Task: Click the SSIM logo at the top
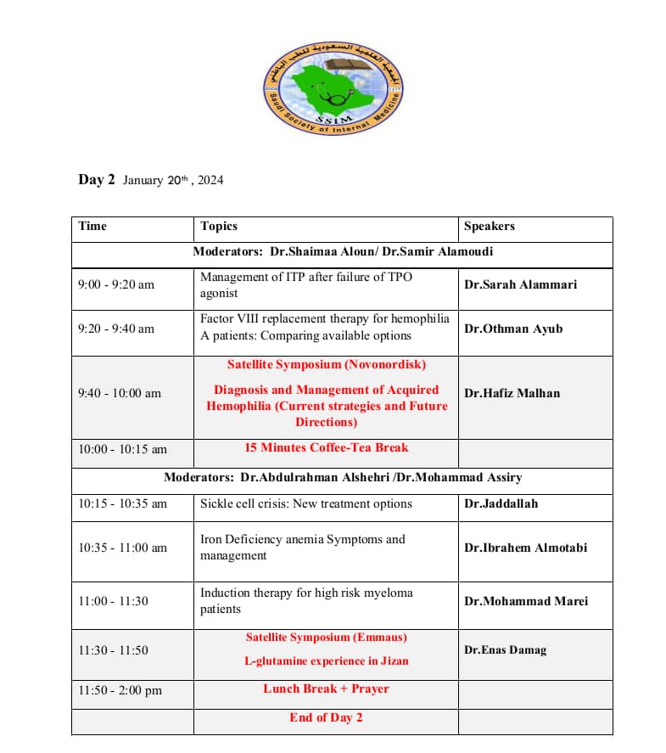click(x=334, y=87)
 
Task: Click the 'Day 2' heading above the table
click(x=96, y=180)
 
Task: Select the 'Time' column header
click(x=92, y=226)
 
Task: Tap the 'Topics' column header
click(x=219, y=226)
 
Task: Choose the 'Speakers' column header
click(x=489, y=226)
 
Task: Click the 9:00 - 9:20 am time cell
click(x=116, y=284)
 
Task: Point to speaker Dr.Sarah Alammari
click(x=520, y=284)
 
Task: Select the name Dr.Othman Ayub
click(x=512, y=329)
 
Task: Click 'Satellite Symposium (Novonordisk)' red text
click(x=327, y=364)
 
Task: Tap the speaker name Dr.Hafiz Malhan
click(x=512, y=393)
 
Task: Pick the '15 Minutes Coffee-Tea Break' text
click(x=327, y=447)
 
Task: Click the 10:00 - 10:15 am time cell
click(x=122, y=449)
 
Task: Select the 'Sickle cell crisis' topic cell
click(x=305, y=503)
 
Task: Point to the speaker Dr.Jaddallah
click(x=501, y=503)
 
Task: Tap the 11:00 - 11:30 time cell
click(x=113, y=601)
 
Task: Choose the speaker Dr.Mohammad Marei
click(x=525, y=601)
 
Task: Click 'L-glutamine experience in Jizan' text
click(x=327, y=661)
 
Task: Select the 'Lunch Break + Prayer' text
click(x=327, y=688)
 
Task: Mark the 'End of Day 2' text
click(x=327, y=717)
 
